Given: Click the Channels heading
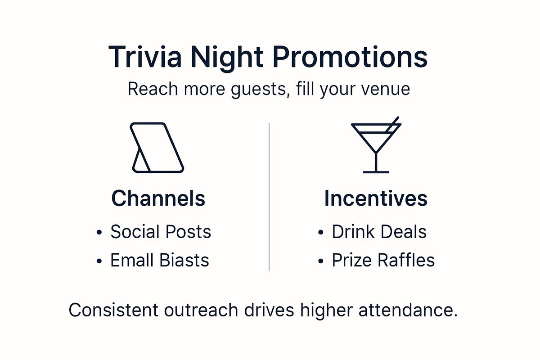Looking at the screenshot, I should [x=158, y=198].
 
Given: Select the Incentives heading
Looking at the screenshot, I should [x=376, y=198].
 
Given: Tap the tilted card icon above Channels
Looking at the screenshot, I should [x=157, y=147].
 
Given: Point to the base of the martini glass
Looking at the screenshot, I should [x=376, y=171].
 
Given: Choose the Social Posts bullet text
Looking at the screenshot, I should [x=161, y=232].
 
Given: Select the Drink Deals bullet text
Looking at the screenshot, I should [x=379, y=232].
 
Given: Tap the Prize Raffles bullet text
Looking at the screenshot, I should [x=383, y=261].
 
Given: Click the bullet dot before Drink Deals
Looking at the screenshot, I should [x=320, y=233].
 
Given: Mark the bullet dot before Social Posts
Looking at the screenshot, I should [x=99, y=233].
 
